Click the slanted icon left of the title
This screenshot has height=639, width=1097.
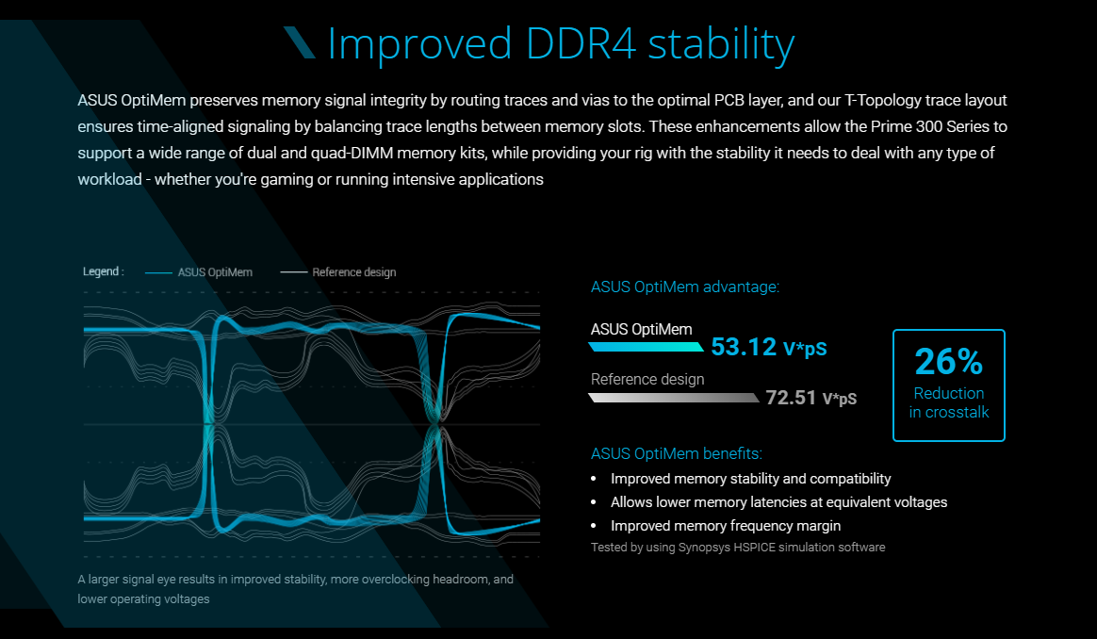pyautogui.click(x=299, y=42)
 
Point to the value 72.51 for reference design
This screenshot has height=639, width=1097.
pyautogui.click(x=791, y=398)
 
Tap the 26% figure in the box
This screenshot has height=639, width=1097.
pyautogui.click(x=948, y=362)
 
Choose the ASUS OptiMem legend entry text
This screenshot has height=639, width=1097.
pyautogui.click(x=215, y=272)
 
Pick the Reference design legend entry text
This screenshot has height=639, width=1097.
pyautogui.click(x=354, y=272)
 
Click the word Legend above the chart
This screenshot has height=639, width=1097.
pyautogui.click(x=102, y=271)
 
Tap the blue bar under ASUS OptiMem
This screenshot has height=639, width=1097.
pyautogui.click(x=646, y=347)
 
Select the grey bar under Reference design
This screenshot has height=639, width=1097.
pyautogui.click(x=673, y=398)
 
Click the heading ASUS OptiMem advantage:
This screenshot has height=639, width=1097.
pyautogui.click(x=685, y=287)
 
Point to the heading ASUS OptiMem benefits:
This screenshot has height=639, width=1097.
pyautogui.click(x=677, y=453)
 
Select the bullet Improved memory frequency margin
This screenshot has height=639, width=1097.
pyautogui.click(x=726, y=526)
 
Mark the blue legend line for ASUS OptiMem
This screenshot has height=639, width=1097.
pyautogui.click(x=157, y=272)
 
